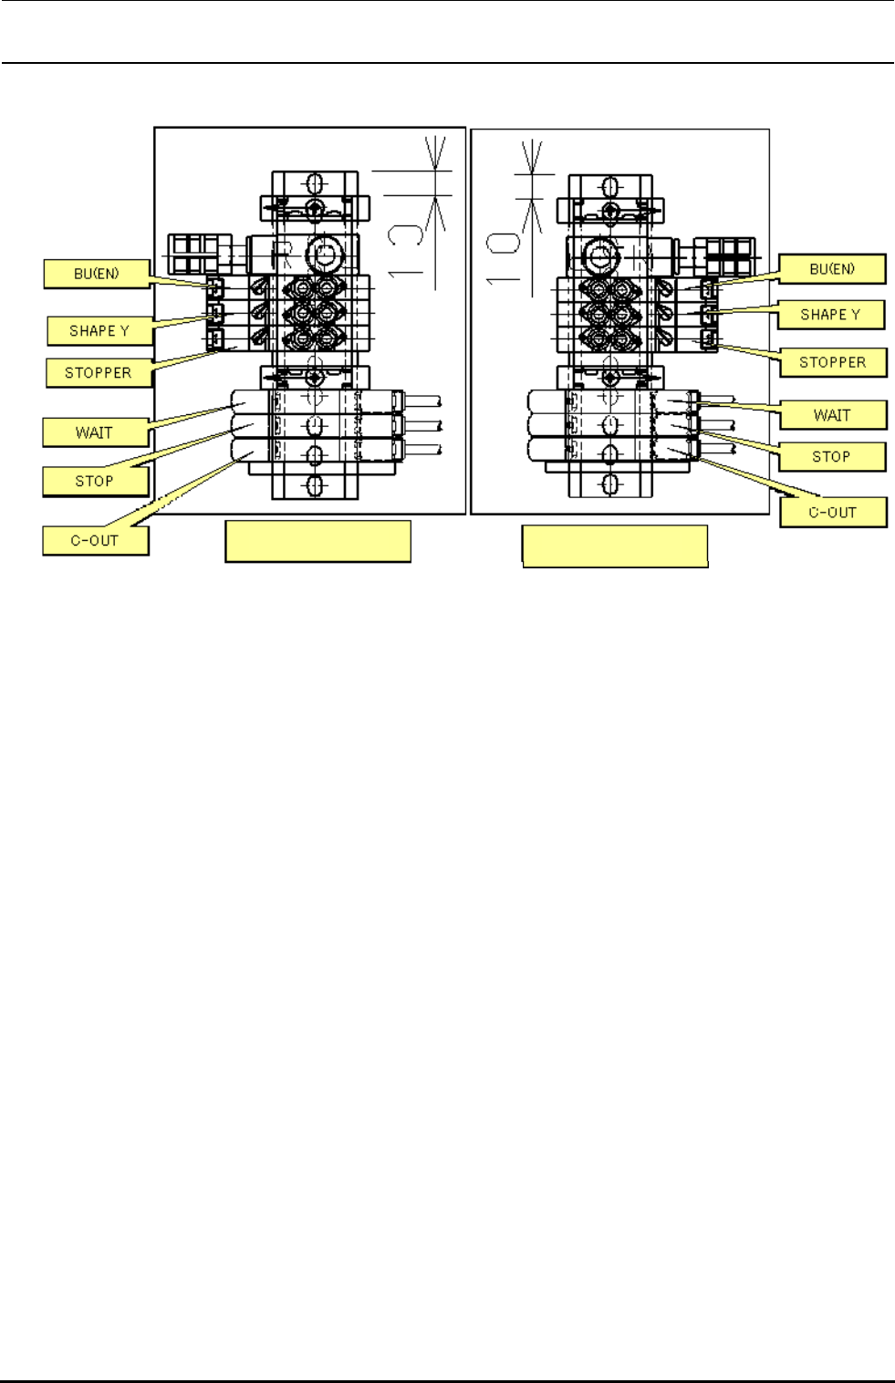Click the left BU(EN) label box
97,274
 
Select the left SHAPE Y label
99,330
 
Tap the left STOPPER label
99,372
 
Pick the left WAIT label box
95,432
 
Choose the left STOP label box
95,481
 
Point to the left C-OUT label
95,540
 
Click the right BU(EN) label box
832,269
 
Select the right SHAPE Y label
830,315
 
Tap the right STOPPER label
833,362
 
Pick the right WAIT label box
832,415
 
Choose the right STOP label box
831,456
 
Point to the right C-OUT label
833,512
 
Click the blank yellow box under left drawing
317,541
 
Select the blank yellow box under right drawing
615,546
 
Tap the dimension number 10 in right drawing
503,257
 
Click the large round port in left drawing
324,254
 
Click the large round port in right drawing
599,253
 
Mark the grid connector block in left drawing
194,254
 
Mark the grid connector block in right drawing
724,256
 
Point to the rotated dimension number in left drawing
405,249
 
